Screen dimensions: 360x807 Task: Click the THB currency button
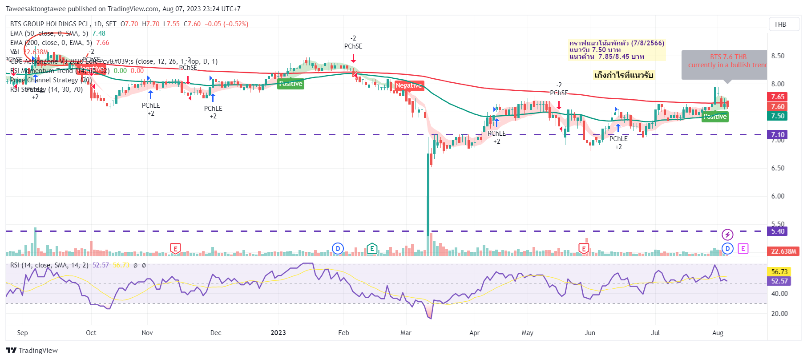(x=780, y=24)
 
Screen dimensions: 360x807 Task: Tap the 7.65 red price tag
(x=778, y=97)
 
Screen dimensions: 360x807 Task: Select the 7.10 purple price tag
(x=778, y=134)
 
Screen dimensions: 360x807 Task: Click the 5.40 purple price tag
(x=778, y=231)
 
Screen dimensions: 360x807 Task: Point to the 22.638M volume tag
(x=783, y=251)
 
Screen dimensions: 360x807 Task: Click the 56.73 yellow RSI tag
(x=779, y=271)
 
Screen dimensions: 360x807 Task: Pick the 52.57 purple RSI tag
(x=779, y=281)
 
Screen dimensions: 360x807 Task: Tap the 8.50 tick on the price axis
(x=778, y=56)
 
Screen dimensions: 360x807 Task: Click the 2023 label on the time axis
(x=278, y=333)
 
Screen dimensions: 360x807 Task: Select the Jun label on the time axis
(x=590, y=333)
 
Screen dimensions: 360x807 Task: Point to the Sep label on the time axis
(x=22, y=333)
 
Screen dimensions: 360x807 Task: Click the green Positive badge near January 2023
(x=291, y=84)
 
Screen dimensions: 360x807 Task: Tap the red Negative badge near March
(x=409, y=85)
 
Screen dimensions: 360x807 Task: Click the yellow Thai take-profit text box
(x=624, y=75)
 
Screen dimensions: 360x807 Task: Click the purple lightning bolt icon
(x=727, y=235)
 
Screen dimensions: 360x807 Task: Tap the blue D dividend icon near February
(x=338, y=248)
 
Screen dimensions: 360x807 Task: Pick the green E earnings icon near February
(x=372, y=248)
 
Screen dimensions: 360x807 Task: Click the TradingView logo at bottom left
(x=32, y=350)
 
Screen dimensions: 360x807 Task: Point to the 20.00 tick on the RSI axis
(x=779, y=314)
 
